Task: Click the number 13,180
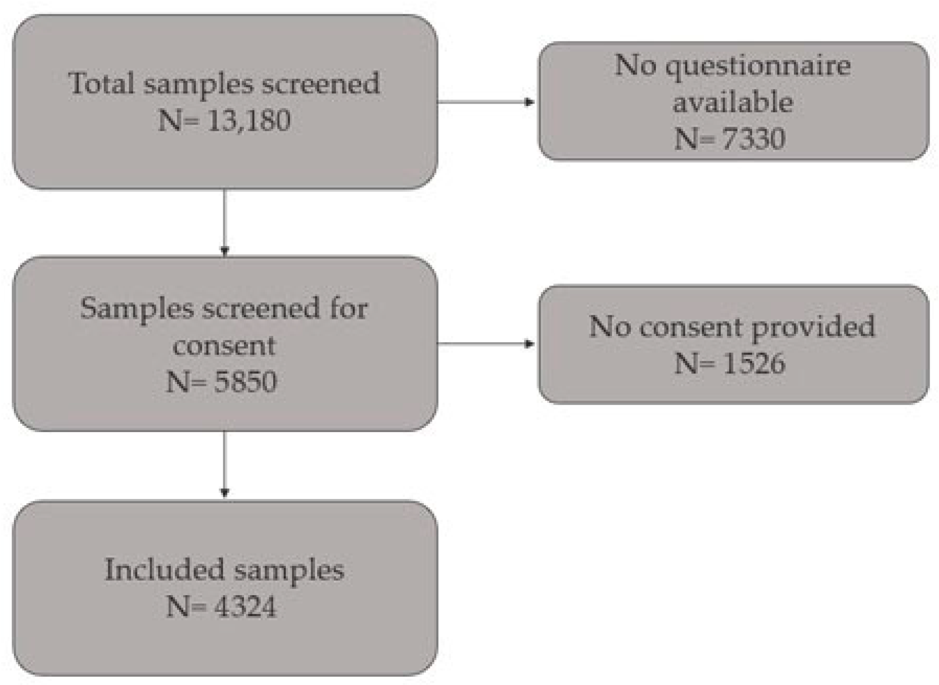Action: coord(248,120)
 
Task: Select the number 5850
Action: coord(245,382)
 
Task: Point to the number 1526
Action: coord(753,363)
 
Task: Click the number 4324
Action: coord(245,607)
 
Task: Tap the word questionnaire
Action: coord(758,66)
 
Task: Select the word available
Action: coord(733,102)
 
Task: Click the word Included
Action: coord(164,570)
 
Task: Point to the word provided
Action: coord(813,327)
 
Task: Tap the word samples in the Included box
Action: coord(289,570)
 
